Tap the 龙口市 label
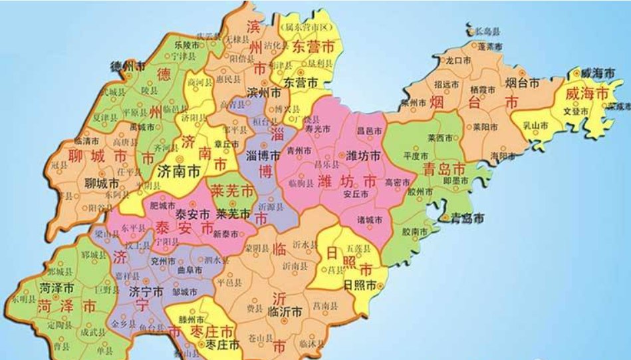pos(458,60)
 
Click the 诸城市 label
pos(370,220)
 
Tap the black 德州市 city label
pos(128,67)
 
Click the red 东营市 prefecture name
pos(313,48)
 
